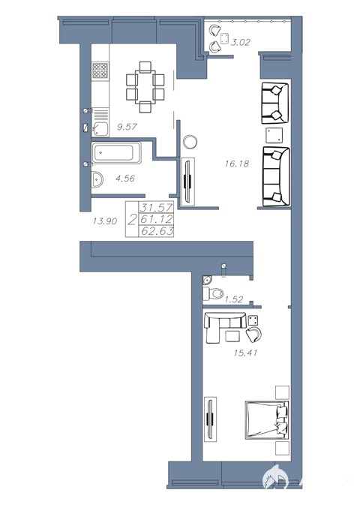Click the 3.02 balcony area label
point(240,42)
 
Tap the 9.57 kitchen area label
point(127,127)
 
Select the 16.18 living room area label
point(237,164)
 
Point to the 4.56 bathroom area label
point(125,178)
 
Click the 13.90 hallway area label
point(105,221)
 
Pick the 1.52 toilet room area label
point(233,299)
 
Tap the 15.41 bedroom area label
point(246,353)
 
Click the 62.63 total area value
point(157,231)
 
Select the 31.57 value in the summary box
point(156,207)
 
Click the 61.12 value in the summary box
point(157,219)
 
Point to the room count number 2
point(132,220)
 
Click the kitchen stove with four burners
point(100,71)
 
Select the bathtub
point(116,152)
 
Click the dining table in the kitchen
point(145,87)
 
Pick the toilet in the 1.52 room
point(213,293)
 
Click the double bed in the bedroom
point(267,420)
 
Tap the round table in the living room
point(190,141)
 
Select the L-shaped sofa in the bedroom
point(224,326)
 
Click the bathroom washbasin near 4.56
point(97,179)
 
